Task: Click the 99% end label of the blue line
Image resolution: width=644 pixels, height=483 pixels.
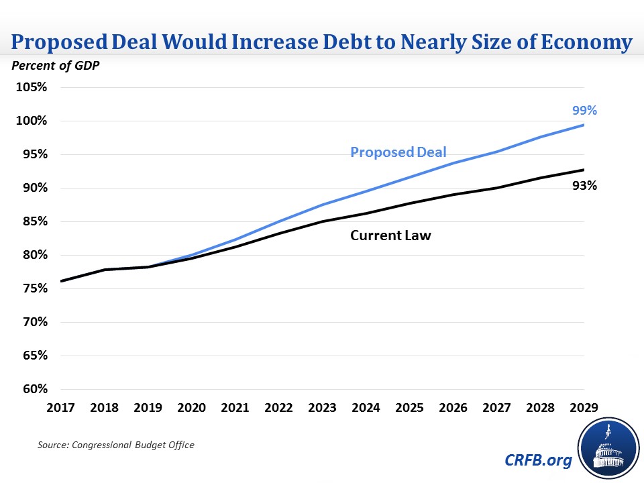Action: [584, 111]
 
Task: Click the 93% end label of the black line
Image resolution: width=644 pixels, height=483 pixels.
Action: [584, 186]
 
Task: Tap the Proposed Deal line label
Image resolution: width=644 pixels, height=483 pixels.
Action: [398, 152]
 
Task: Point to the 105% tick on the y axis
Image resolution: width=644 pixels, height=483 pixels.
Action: [32, 87]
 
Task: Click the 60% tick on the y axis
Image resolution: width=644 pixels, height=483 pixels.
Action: [34, 389]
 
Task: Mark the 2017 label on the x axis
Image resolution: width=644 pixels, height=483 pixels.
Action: [60, 407]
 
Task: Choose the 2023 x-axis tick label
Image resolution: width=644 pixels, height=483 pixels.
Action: [323, 407]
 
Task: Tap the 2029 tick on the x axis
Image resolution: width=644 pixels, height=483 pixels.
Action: [583, 407]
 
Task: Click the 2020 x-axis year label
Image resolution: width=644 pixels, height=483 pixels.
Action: [192, 407]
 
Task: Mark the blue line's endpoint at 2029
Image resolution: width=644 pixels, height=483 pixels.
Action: [583, 125]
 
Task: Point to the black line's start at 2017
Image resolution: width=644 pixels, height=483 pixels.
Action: [60, 281]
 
